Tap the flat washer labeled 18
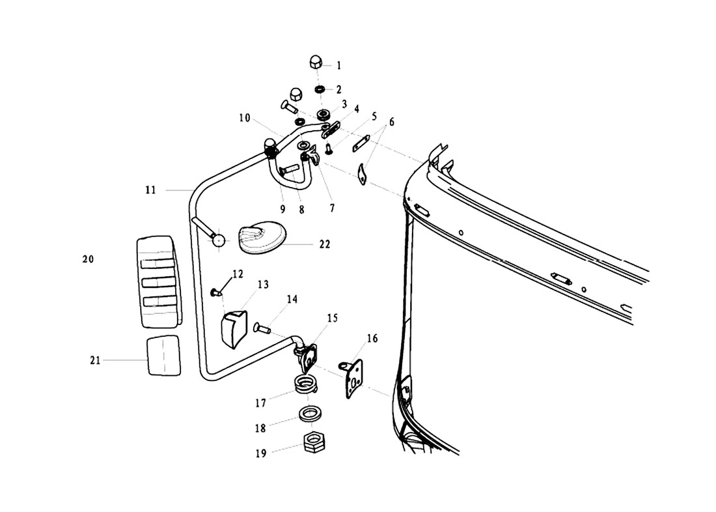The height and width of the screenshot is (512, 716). (310, 414)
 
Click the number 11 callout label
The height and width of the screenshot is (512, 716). (150, 190)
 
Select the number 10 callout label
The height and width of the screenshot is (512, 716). (245, 119)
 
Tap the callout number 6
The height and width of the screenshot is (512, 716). (392, 122)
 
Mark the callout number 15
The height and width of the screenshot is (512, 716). (333, 319)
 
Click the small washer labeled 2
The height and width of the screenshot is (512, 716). (320, 88)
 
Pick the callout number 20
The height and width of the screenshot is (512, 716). (89, 259)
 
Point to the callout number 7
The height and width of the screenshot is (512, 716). (332, 208)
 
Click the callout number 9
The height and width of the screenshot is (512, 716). (282, 210)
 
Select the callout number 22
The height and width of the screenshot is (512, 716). (325, 244)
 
